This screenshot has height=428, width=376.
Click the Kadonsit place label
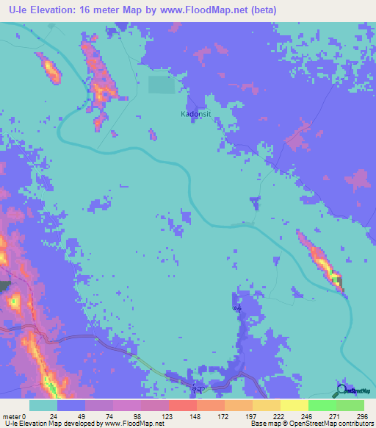tap(195, 114)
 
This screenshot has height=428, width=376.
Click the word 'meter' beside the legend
tap(10, 415)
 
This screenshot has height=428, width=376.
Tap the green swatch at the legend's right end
tap(350, 405)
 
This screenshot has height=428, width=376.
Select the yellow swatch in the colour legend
tap(294, 405)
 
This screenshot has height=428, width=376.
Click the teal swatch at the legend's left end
tap(43, 405)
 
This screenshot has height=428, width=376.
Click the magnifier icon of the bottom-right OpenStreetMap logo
tap(341, 390)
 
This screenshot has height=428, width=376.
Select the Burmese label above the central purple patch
tap(237, 308)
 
